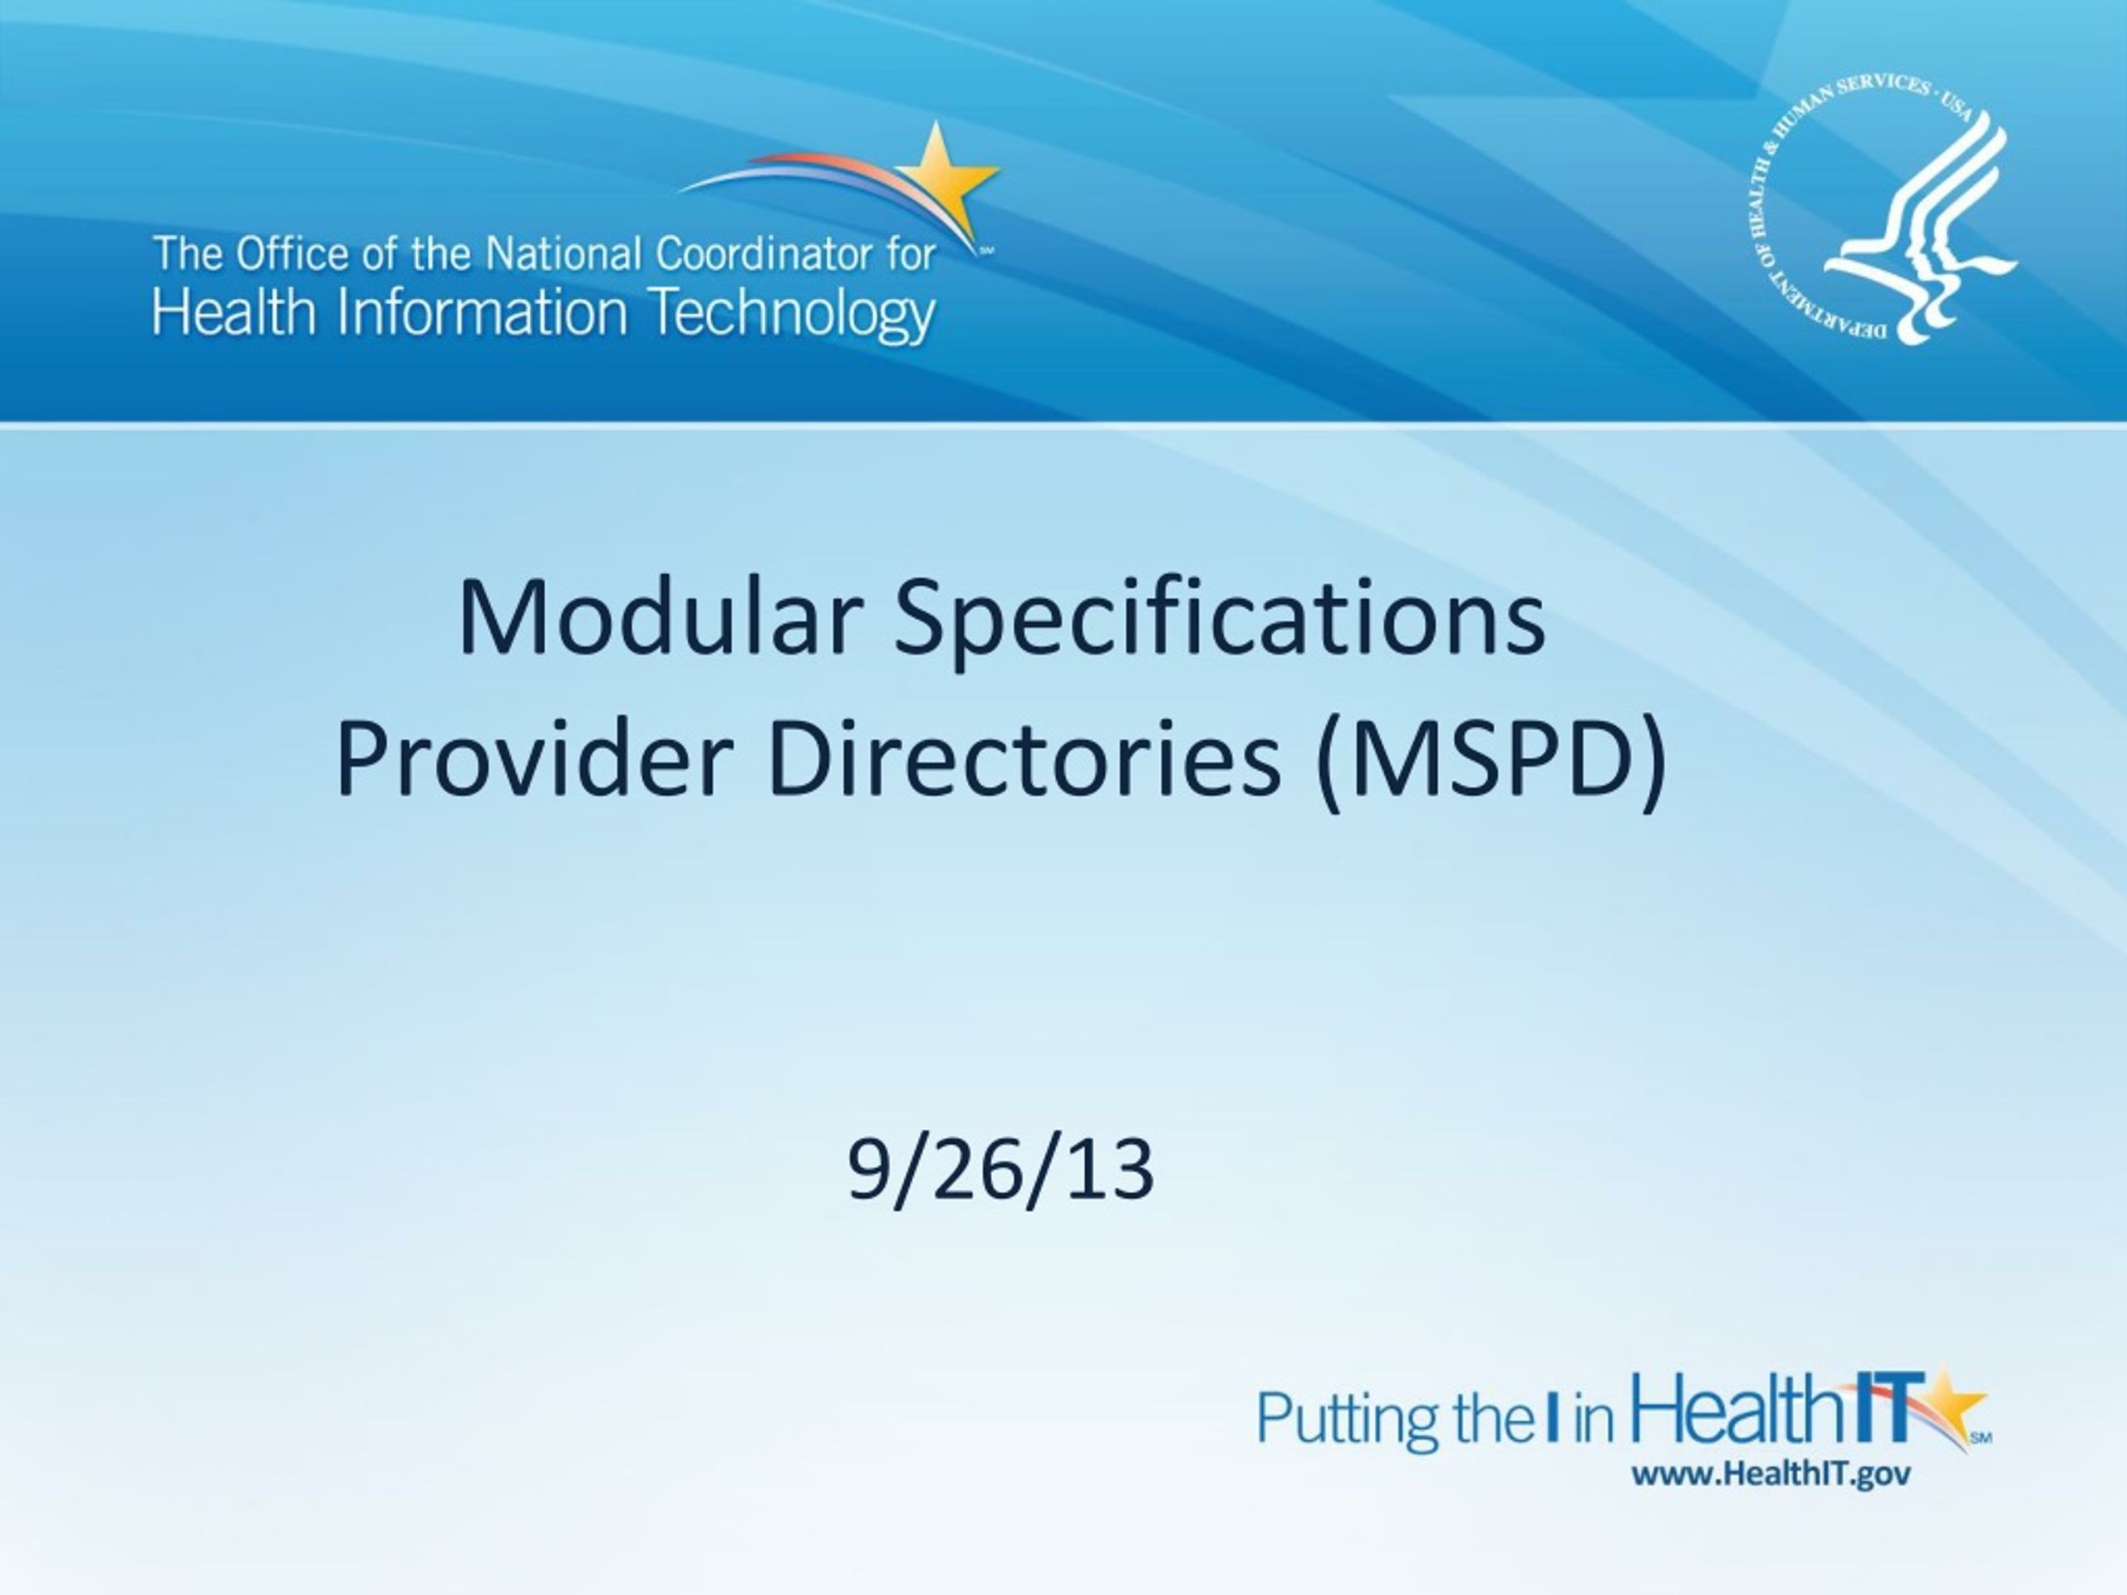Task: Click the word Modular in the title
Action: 656,617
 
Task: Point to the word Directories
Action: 1025,759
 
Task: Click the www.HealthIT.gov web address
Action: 1771,1474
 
